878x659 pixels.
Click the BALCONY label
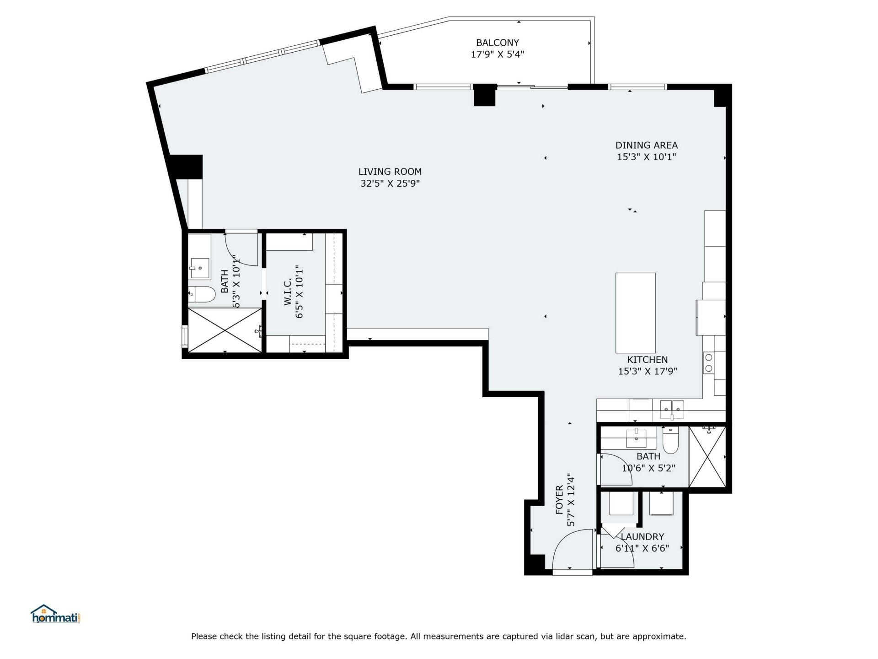pos(497,43)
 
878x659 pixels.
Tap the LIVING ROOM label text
pos(390,172)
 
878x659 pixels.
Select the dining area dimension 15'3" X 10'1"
pos(646,157)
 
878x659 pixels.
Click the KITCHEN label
pos(647,360)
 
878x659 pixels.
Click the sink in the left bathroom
pos(200,269)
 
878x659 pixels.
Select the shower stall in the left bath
pos(225,330)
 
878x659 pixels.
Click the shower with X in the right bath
pos(707,457)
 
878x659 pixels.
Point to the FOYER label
pos(560,500)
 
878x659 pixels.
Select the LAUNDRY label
pos(642,537)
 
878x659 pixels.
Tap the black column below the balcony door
pos(484,95)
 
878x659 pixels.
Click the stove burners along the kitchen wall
pos(708,363)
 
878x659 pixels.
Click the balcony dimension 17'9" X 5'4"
pos(497,54)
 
